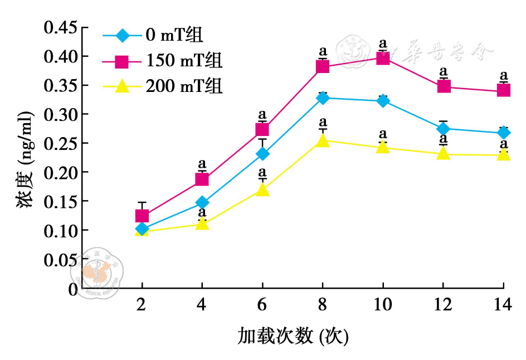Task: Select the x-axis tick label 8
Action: point(322,305)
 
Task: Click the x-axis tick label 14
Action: point(503,305)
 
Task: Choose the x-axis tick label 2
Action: point(142,305)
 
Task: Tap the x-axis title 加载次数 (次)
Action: point(293,336)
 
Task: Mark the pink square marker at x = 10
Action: point(383,58)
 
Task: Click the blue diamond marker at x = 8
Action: point(323,98)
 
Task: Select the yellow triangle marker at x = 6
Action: point(262,190)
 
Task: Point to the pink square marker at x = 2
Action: point(142,216)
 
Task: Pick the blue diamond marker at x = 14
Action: point(504,133)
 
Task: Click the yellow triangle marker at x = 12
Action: point(444,153)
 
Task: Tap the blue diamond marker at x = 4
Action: point(202,202)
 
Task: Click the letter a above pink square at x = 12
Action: point(444,71)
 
